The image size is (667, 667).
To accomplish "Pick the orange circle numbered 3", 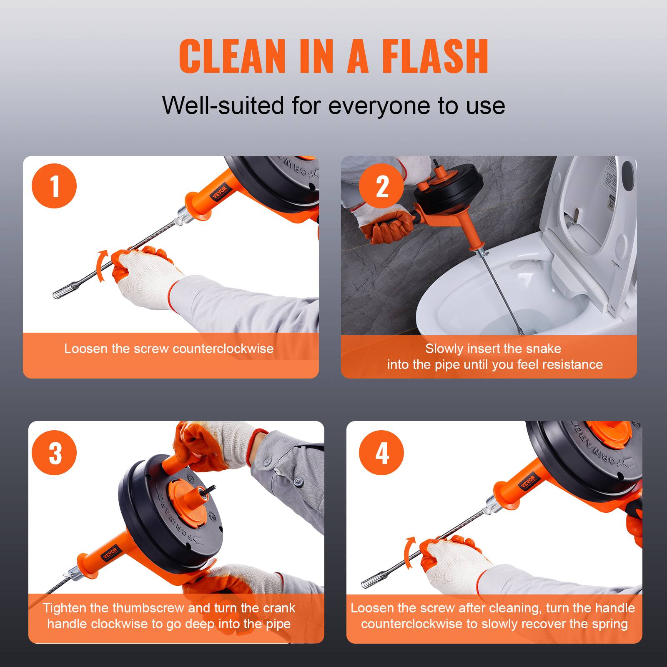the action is click(54, 452).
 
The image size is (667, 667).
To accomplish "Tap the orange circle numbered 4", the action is click(381, 452).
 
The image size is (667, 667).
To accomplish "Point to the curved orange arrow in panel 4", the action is click(410, 553).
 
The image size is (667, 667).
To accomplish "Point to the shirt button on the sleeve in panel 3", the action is click(298, 481).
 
